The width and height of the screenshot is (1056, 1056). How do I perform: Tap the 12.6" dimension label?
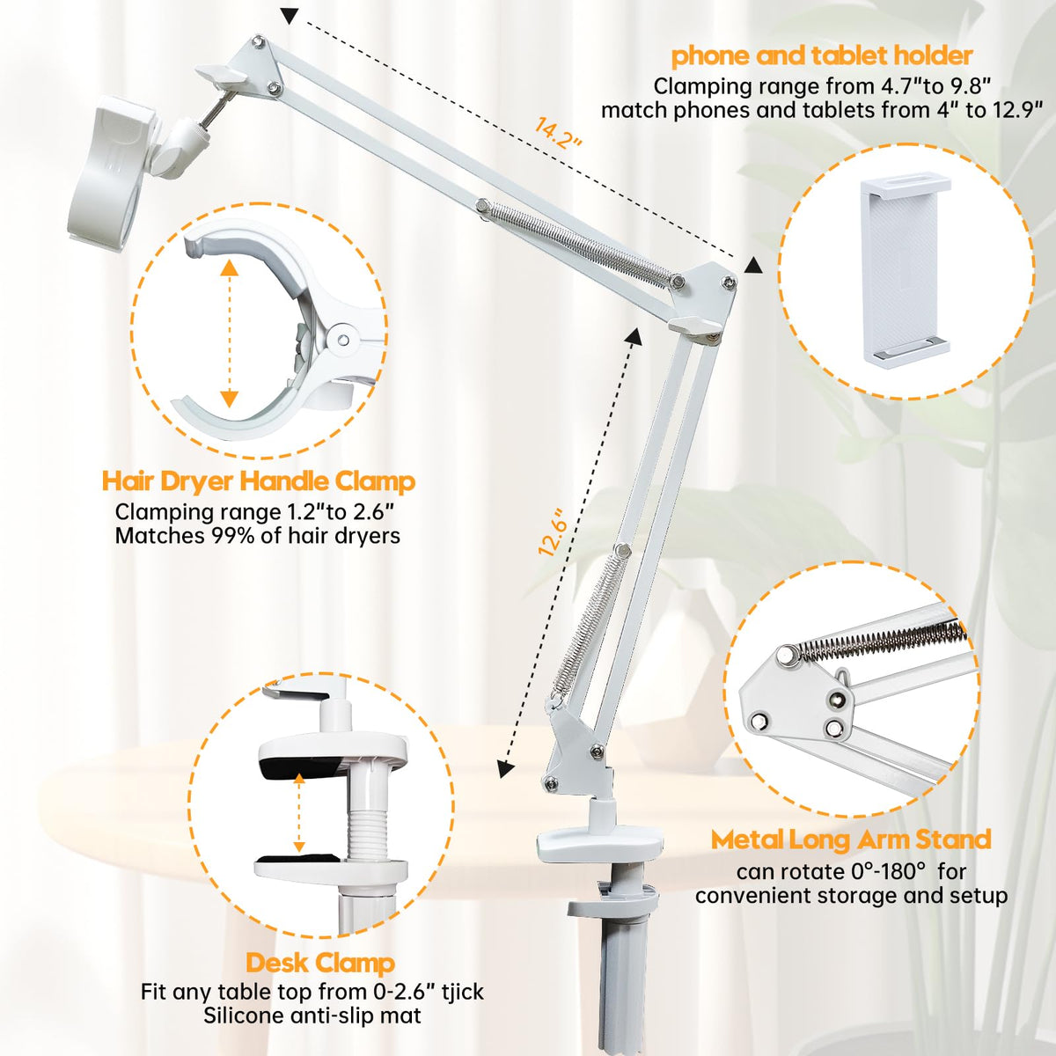(551, 532)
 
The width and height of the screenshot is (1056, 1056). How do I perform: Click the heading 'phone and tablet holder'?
(822, 56)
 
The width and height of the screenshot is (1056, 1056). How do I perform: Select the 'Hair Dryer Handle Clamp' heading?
(259, 481)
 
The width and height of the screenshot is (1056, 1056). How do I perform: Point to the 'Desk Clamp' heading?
(320, 963)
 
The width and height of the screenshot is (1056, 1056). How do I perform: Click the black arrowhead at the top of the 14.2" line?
(291, 15)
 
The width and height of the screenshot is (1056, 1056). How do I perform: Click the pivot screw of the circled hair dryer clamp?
(343, 341)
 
